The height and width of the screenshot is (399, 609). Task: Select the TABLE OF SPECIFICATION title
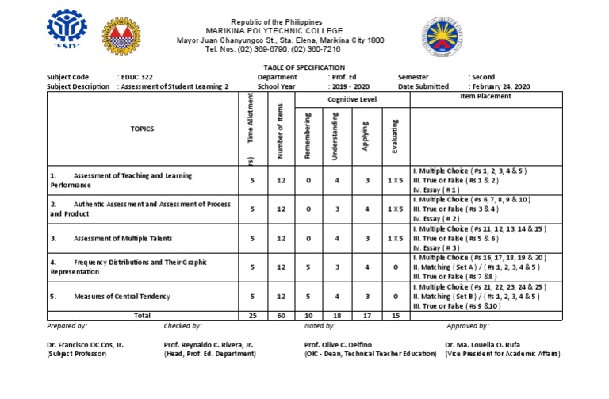[x=304, y=68]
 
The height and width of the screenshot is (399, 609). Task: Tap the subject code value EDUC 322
[x=136, y=77]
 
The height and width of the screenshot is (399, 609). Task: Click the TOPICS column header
[x=143, y=128]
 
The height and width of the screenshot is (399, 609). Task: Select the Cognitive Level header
[x=352, y=99]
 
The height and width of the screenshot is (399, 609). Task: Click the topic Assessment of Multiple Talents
[x=122, y=238]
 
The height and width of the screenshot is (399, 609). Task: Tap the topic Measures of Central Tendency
[x=121, y=296]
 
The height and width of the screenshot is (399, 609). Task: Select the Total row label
[x=143, y=315]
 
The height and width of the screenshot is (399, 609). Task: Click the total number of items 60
[x=281, y=315]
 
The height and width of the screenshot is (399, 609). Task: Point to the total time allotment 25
[x=252, y=315]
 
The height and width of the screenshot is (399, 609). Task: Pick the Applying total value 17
[x=366, y=315]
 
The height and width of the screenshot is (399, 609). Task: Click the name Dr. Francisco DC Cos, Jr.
[x=86, y=345]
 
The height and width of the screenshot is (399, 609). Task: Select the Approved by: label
[x=467, y=326]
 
